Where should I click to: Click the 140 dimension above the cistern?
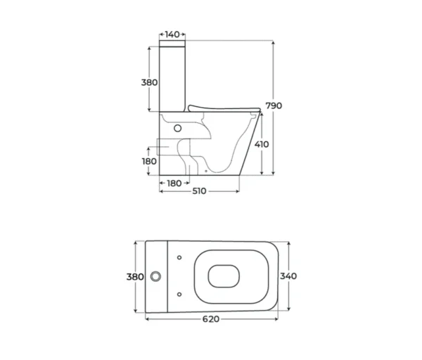click(x=172, y=34)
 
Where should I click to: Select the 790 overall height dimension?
click(x=274, y=105)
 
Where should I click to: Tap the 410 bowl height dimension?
click(x=262, y=144)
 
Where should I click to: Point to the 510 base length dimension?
click(x=200, y=191)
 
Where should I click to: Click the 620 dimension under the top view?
click(x=211, y=319)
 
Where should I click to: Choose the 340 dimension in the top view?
click(x=288, y=276)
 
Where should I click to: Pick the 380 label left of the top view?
click(x=135, y=276)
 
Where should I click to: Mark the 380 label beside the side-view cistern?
click(x=149, y=82)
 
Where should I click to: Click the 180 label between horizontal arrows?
click(x=174, y=184)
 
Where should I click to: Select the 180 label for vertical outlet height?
click(x=149, y=162)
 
